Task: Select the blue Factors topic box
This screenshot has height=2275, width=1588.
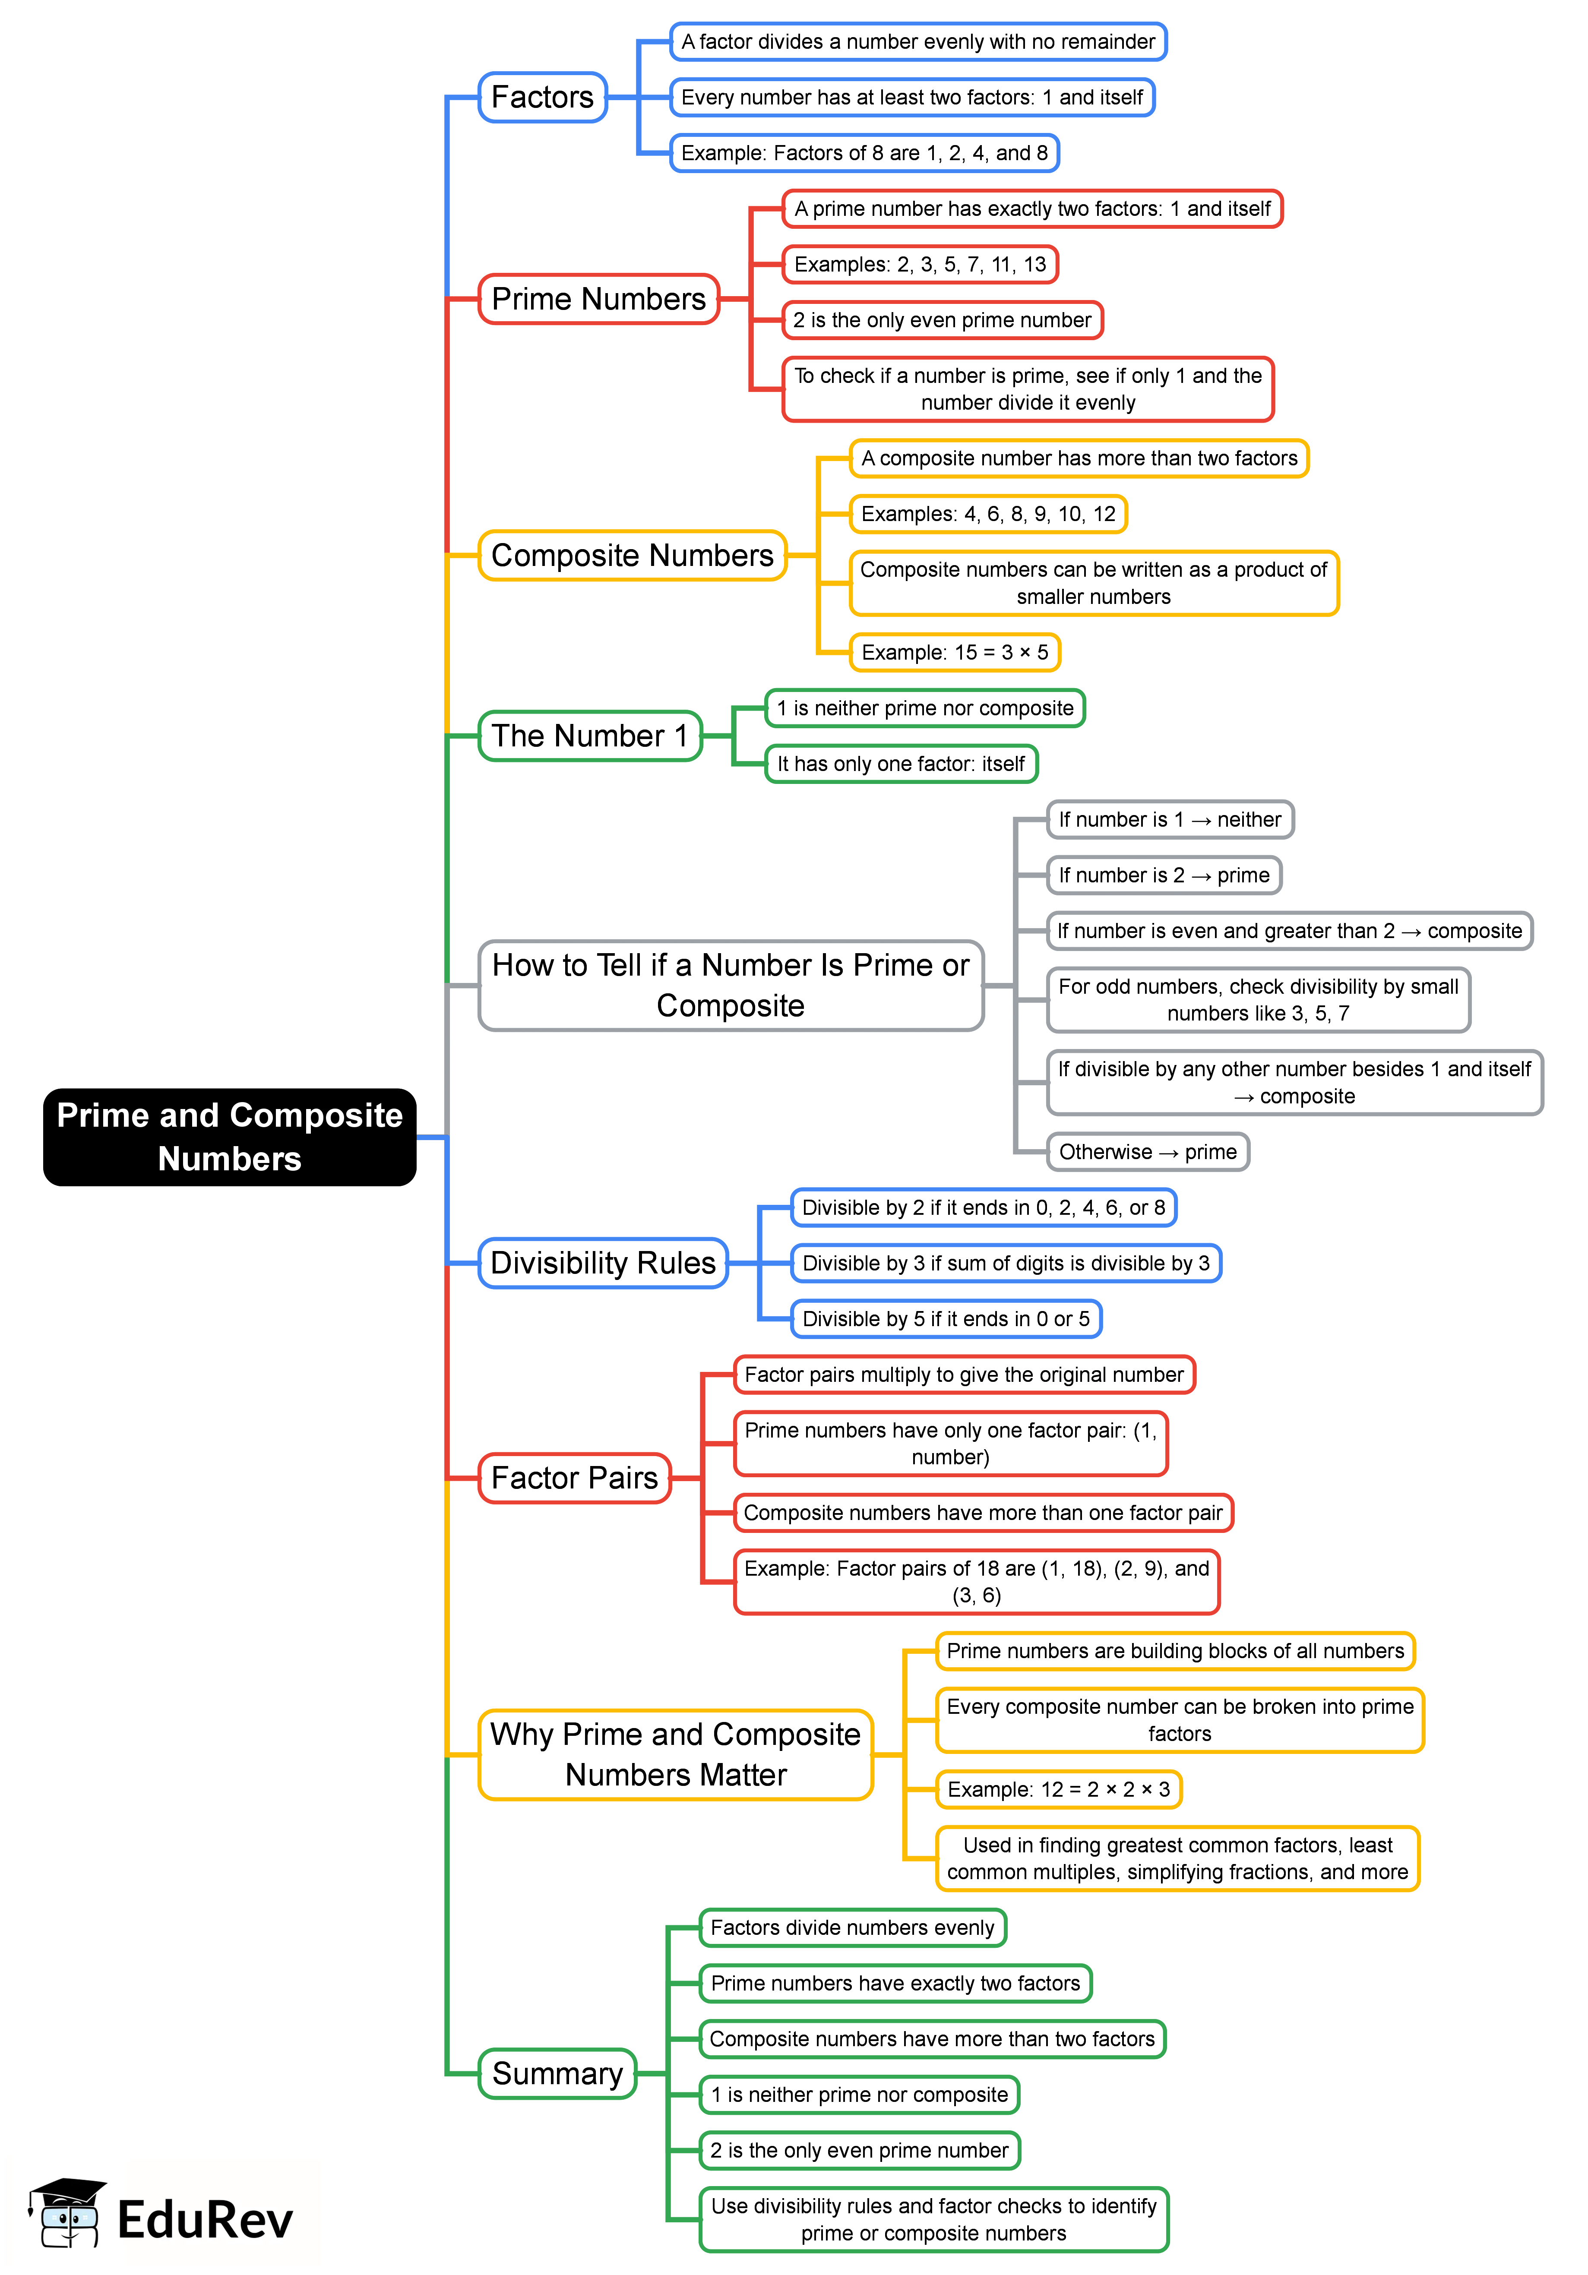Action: coord(542,97)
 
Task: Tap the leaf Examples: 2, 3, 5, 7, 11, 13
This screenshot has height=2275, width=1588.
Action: coord(920,265)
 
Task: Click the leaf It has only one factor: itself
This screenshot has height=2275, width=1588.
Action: coord(901,764)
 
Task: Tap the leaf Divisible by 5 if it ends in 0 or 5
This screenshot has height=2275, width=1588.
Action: coord(946,1319)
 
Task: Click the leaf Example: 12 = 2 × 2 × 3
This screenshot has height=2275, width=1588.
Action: coord(1059,1789)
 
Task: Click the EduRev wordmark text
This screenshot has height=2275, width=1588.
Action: coord(205,2219)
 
